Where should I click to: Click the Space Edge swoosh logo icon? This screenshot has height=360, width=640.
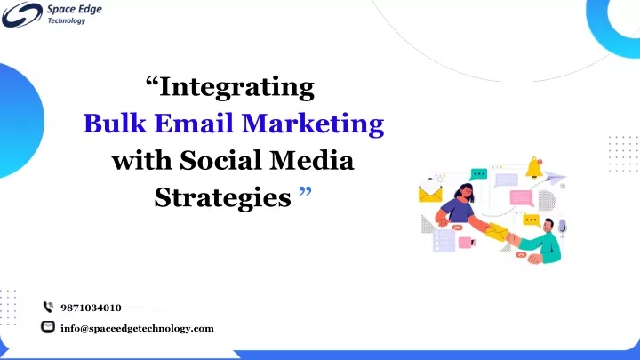[22, 15]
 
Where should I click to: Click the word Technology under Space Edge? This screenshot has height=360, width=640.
[67, 20]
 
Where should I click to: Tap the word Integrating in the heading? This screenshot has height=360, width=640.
[236, 87]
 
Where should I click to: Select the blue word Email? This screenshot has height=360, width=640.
[194, 123]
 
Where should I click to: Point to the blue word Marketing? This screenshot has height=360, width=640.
[313, 124]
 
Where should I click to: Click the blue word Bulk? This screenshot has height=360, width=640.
[115, 123]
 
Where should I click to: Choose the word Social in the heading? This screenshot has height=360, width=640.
[220, 160]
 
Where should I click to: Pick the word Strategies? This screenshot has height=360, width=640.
[223, 197]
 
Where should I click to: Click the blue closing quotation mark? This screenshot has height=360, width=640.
[305, 190]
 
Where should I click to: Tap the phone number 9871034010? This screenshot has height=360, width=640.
[91, 308]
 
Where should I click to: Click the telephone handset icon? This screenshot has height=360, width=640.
[48, 307]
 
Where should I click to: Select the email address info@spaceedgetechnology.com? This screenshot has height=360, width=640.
[137, 329]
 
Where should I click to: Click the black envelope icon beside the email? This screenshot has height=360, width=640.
[48, 327]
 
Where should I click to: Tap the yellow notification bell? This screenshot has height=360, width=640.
[534, 168]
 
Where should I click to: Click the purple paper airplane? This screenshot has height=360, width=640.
[555, 178]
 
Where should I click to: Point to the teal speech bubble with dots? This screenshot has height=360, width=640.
[478, 174]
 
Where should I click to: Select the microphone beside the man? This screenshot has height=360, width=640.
[563, 228]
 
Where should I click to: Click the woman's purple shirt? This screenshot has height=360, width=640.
[457, 210]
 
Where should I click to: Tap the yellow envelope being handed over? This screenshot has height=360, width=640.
[497, 232]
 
